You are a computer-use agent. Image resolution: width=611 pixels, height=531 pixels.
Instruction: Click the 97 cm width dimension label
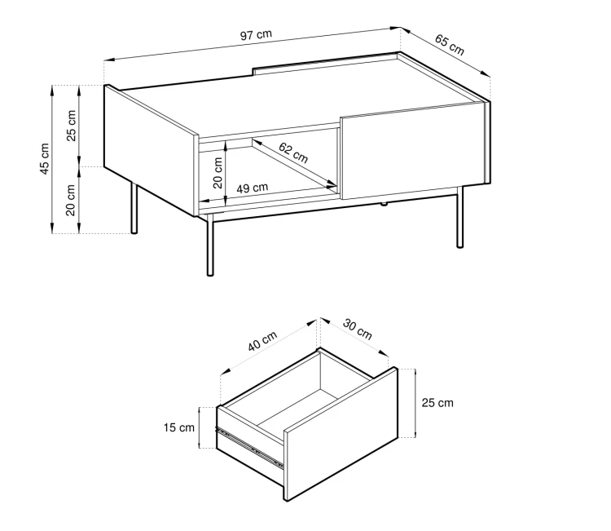(256, 35)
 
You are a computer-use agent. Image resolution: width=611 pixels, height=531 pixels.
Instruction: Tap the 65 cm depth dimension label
(449, 45)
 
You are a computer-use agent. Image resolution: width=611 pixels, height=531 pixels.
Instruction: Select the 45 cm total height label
(45, 159)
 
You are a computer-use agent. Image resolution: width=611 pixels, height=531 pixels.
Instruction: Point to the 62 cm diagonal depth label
(293, 153)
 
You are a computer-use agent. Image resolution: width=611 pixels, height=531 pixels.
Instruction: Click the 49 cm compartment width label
(252, 188)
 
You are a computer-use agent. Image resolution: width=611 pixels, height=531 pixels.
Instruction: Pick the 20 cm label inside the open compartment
(218, 173)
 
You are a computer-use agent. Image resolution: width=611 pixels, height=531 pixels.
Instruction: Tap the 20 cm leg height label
(70, 200)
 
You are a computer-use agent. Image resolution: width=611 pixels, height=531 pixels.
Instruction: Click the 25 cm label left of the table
(72, 126)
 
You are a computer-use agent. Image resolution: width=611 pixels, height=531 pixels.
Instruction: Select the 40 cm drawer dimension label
(262, 341)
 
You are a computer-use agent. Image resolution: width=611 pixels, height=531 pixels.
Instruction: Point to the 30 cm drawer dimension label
(358, 330)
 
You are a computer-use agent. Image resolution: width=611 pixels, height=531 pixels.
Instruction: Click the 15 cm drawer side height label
(179, 427)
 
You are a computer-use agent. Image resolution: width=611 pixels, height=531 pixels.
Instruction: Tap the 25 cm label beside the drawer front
(437, 403)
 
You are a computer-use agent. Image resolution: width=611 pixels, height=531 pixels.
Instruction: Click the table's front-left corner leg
(210, 245)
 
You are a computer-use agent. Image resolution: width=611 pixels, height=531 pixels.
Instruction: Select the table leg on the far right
(460, 217)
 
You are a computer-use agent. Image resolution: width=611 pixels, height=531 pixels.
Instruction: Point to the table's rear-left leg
(134, 207)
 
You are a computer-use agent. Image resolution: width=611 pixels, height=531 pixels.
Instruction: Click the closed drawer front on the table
(414, 151)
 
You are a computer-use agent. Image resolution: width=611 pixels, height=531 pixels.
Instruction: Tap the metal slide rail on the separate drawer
(249, 447)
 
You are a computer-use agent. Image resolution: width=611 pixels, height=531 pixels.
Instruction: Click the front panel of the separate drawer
(341, 434)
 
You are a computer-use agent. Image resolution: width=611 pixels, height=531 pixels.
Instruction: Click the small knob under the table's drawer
(385, 204)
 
